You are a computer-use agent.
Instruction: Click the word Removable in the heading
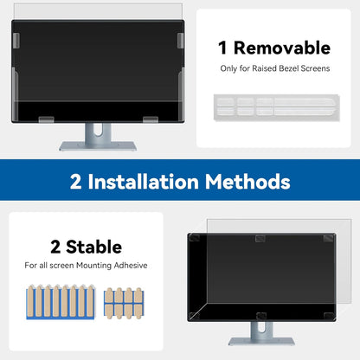tap(286, 48)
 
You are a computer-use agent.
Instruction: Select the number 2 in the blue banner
tap(78, 182)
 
